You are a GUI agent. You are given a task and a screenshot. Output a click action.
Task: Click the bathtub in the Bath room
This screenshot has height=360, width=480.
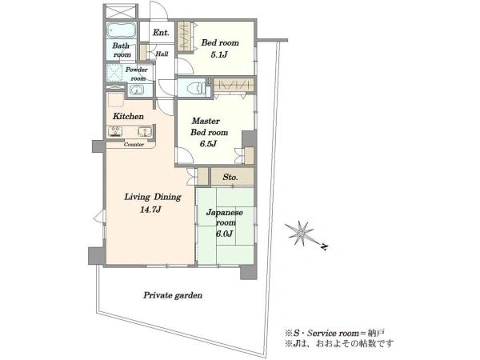click(122, 30)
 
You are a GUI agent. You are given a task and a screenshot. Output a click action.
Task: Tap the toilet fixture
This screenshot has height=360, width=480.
click(194, 88)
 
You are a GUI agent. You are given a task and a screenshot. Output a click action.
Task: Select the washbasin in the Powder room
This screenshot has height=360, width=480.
click(136, 90)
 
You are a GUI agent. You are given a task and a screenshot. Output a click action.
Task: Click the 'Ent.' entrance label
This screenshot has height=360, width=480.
click(161, 33)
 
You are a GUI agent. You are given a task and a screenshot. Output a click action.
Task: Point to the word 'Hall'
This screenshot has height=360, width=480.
click(162, 54)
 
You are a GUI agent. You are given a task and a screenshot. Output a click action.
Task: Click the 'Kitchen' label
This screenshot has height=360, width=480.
click(128, 116)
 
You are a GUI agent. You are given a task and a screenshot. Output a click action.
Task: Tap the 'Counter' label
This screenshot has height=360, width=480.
click(134, 145)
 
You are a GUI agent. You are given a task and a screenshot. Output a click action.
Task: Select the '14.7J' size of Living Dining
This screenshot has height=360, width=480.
click(150, 210)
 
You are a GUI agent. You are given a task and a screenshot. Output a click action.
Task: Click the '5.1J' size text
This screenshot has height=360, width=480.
click(218, 55)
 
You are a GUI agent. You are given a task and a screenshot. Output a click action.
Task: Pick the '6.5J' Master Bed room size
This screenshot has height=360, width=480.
click(209, 144)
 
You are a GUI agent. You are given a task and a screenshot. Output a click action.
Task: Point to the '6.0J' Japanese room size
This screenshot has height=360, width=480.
click(224, 234)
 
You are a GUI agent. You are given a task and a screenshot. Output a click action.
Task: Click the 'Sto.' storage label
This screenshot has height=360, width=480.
click(230, 177)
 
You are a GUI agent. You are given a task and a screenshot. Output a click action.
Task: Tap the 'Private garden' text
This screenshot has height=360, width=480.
click(173, 295)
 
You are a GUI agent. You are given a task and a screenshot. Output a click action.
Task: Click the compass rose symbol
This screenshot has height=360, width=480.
click(299, 234)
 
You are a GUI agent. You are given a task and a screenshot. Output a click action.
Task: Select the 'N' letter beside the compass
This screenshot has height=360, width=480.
click(324, 246)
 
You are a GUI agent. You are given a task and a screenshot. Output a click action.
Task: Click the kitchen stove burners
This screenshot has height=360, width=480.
click(114, 131)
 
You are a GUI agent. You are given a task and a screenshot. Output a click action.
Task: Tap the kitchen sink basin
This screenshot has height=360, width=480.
click(144, 132)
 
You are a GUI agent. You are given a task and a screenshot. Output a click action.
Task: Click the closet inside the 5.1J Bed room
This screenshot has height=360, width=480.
click(186, 37)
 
